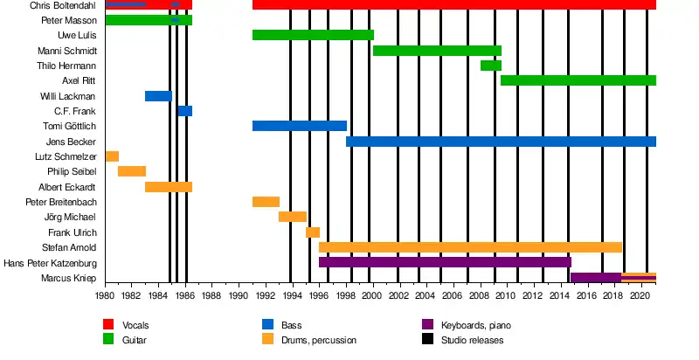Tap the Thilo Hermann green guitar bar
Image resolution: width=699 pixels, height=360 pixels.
490,66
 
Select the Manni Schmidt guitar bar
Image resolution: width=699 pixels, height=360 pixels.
437,51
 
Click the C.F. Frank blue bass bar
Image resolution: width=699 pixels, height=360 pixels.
184,111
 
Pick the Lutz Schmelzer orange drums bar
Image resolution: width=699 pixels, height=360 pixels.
112,156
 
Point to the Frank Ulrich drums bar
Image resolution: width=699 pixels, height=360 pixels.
313,232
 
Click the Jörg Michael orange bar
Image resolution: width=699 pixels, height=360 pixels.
293,217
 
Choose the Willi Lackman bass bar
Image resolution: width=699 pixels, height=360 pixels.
158,96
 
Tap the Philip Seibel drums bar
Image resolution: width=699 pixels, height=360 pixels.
132,171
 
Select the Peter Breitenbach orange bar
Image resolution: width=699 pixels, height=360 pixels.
266,202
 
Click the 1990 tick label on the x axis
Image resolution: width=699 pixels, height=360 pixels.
239,296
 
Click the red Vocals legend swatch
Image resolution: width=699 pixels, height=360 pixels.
109,325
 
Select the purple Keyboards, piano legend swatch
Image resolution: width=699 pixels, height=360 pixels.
427,325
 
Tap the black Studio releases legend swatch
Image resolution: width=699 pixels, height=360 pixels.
427,340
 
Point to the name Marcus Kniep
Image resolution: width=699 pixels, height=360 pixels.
69,278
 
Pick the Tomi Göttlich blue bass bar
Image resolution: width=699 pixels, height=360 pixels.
300,126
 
